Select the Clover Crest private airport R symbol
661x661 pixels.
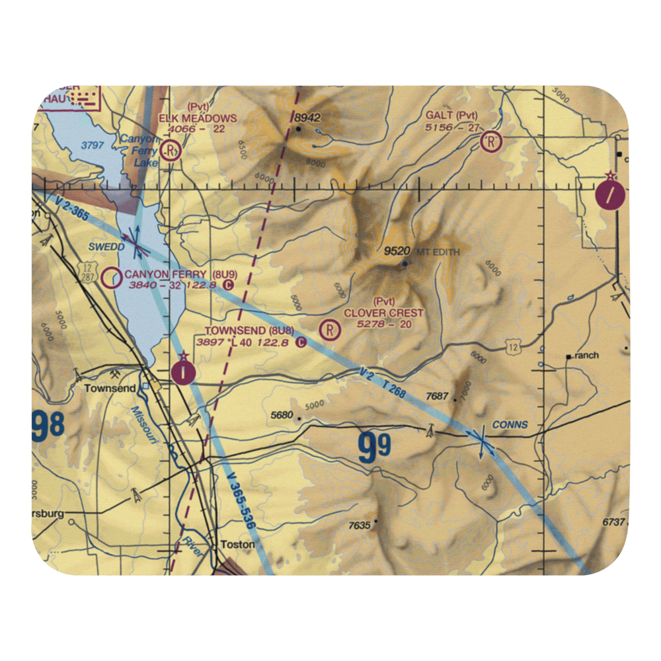329,329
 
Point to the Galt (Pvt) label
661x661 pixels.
451,115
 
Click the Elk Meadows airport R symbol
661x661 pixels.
173,151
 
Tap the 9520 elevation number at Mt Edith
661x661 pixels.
397,252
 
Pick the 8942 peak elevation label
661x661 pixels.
307,118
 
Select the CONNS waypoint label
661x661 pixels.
510,424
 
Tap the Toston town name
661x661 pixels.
237,545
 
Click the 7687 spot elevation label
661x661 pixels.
438,396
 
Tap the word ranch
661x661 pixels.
586,356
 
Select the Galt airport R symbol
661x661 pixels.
491,141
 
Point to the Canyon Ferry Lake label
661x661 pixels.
139,149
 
